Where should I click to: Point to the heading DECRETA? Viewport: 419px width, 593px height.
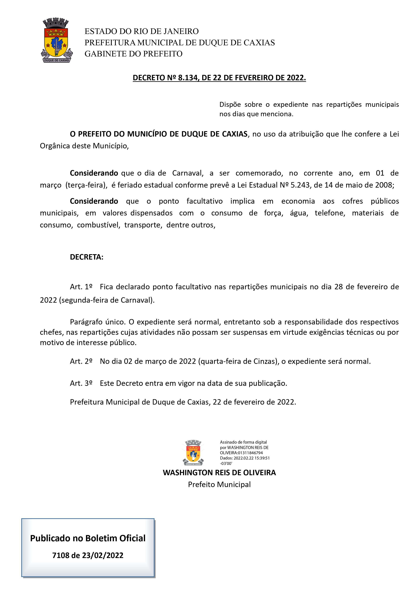[x=86, y=257]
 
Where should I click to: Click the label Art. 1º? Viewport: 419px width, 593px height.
[x=81, y=287]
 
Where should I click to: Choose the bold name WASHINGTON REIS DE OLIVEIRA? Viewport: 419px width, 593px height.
[x=219, y=473]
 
